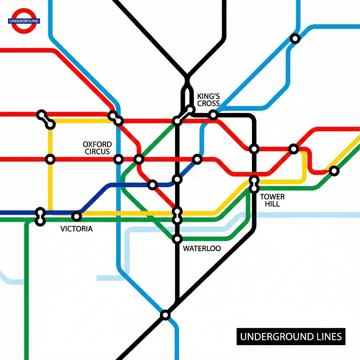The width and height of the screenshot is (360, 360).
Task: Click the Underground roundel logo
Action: pos(24,21)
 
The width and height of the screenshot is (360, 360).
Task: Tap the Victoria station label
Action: pos(76,229)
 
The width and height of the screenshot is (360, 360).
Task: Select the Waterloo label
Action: pos(202,248)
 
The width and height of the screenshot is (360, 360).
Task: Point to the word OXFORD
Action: pos(97,144)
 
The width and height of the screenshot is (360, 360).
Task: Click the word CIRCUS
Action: pos(97,152)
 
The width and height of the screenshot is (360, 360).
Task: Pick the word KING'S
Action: pos(208,96)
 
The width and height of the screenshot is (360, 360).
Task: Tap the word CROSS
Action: pos(208,103)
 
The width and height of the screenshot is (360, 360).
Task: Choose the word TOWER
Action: pos(272,197)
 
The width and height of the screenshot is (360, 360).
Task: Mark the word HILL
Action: pos(272,204)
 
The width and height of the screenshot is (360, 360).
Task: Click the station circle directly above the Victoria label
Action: pos(76,216)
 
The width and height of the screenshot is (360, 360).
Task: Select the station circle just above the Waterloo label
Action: pos(177,238)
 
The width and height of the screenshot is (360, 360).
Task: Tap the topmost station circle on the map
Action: pos(295,39)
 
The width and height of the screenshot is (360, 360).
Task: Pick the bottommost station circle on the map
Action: pos(165,315)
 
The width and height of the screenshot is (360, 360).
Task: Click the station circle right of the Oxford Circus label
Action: pos(118,159)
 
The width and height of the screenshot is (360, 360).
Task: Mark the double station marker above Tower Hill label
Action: pos(254,184)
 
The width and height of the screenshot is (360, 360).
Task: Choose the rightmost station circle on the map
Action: pos(333,171)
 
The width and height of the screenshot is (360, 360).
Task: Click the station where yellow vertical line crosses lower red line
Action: pos(50,159)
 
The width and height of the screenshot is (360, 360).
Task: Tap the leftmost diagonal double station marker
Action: pos(46,119)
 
